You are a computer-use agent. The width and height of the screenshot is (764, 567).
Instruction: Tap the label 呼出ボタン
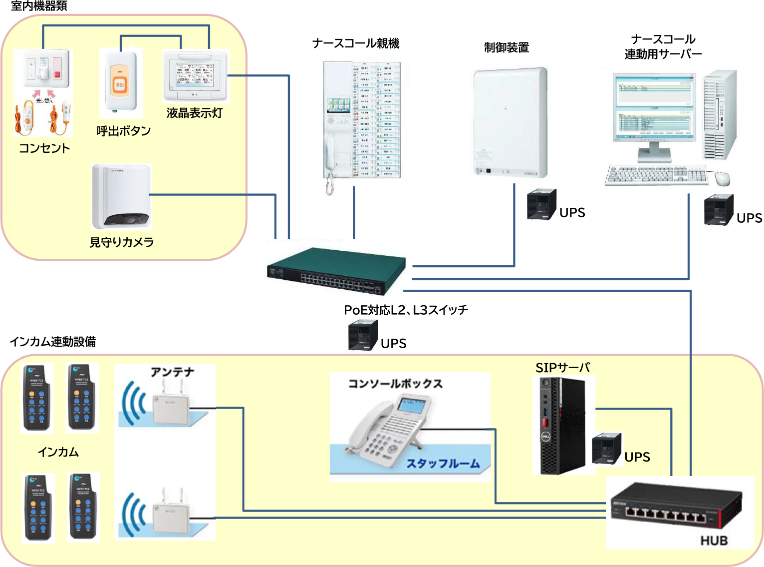(x=123, y=131)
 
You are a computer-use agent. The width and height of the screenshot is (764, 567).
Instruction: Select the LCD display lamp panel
(x=195, y=75)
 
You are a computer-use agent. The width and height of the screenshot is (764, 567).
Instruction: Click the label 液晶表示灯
(x=195, y=113)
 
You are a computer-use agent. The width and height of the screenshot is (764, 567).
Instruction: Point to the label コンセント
(x=44, y=148)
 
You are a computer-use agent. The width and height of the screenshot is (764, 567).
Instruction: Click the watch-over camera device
(x=121, y=196)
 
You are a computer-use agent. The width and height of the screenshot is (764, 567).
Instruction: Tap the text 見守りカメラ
(x=122, y=242)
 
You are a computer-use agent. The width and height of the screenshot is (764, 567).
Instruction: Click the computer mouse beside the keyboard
(x=722, y=178)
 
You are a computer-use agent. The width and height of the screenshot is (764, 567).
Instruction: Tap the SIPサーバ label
(x=562, y=368)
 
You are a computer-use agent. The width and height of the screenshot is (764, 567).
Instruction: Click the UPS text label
(x=637, y=457)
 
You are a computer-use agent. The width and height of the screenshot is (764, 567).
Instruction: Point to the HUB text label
(x=714, y=541)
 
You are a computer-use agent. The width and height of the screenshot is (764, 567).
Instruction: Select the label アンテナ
(x=173, y=372)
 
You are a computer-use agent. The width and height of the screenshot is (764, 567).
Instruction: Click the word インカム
(x=58, y=452)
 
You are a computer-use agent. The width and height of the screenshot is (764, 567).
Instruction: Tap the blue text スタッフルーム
(x=443, y=464)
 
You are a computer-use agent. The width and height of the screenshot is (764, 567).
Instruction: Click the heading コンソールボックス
(x=395, y=384)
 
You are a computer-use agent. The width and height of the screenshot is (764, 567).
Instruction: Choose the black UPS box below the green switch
(x=363, y=335)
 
